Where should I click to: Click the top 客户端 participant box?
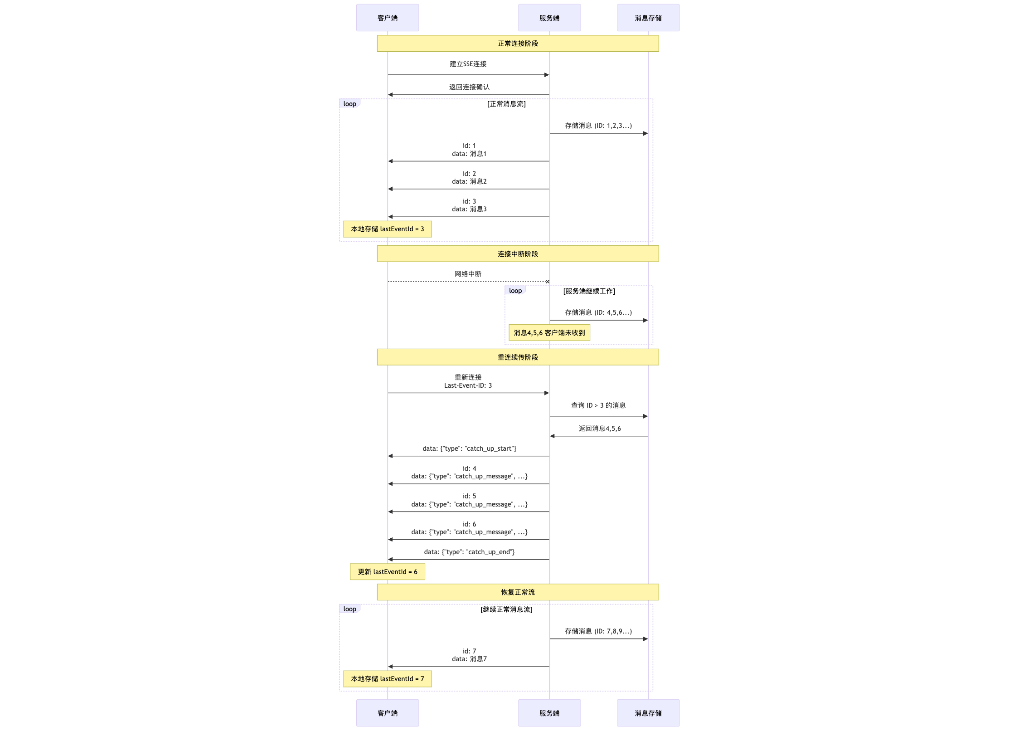click(x=387, y=18)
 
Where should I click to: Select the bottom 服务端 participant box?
click(x=549, y=713)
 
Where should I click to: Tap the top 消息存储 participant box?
click(x=648, y=18)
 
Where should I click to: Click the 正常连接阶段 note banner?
click(x=518, y=44)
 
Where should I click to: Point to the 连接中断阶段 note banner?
click(x=518, y=254)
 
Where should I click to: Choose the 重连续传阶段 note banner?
click(x=518, y=357)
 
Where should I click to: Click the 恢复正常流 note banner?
click(x=518, y=592)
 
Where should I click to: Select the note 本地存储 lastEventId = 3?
click(x=388, y=229)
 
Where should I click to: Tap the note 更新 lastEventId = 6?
click(x=388, y=572)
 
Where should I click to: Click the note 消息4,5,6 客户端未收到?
click(x=549, y=333)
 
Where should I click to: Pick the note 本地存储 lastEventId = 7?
click(x=388, y=679)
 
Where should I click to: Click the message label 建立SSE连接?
click(x=468, y=64)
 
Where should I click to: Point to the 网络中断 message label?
click(x=468, y=274)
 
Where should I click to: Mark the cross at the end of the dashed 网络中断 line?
click(x=548, y=282)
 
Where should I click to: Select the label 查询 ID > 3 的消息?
click(x=598, y=405)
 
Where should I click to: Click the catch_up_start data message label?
click(x=470, y=448)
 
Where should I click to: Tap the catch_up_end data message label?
click(x=470, y=552)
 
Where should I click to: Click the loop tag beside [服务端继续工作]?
click(x=515, y=291)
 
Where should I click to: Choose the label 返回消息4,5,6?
click(x=600, y=429)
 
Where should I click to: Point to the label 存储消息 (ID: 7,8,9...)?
click(x=598, y=631)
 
